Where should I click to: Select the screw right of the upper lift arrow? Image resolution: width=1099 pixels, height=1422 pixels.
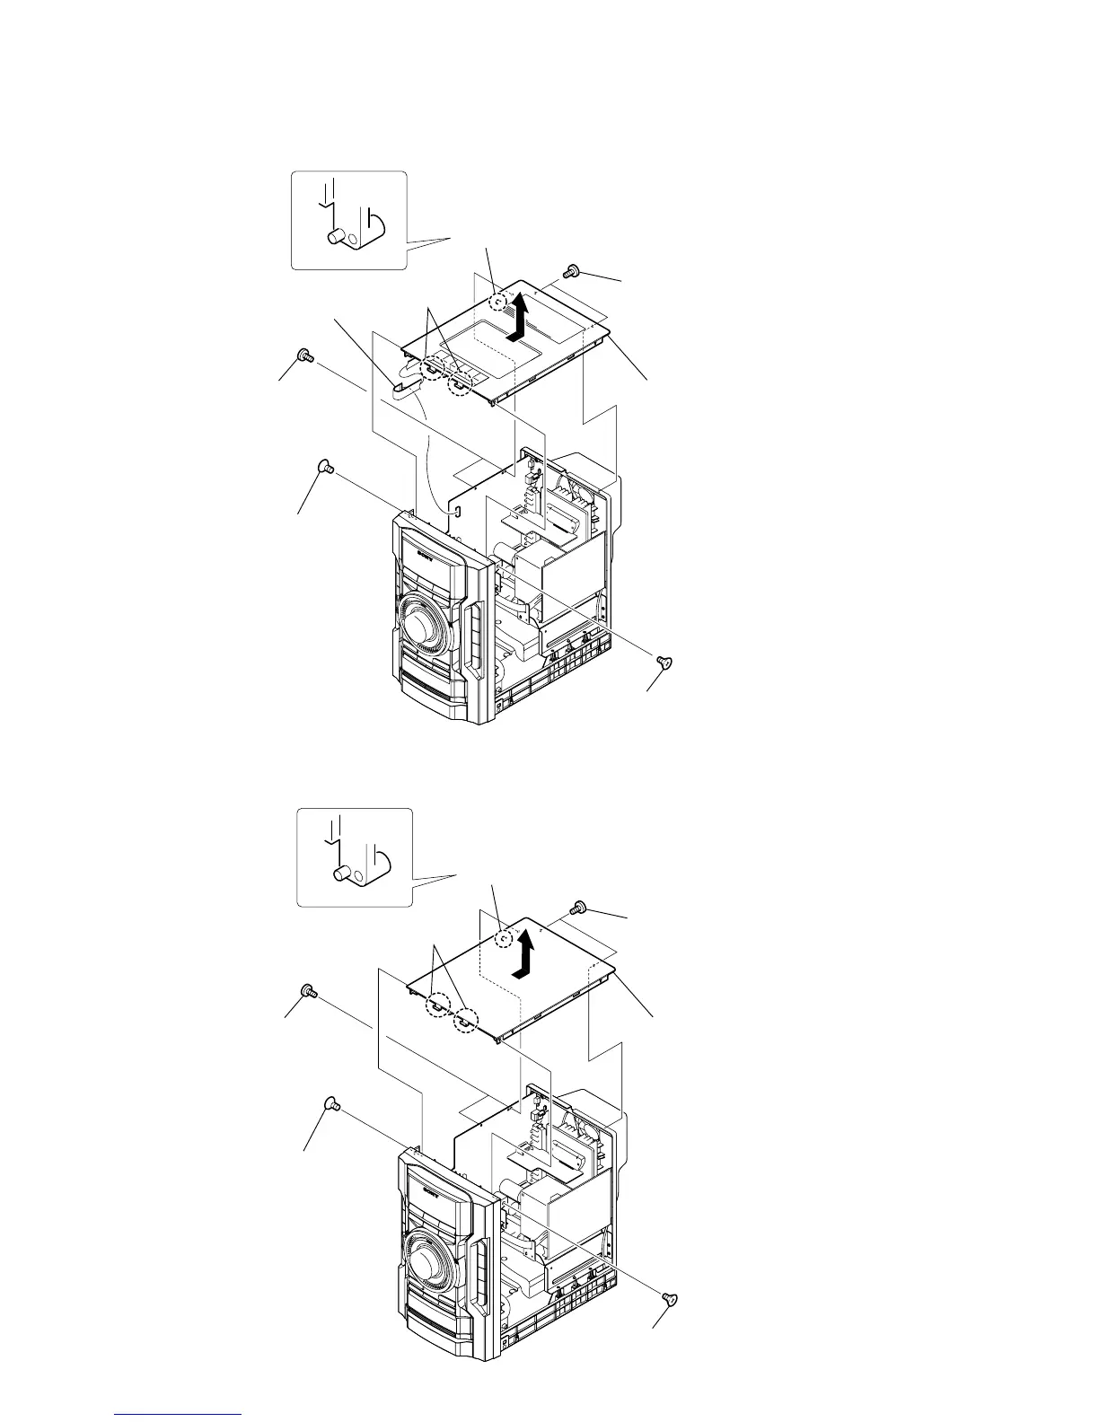point(570,271)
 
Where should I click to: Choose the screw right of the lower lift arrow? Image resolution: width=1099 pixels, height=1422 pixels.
point(578,908)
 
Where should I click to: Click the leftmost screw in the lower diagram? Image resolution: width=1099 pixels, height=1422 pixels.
point(308,990)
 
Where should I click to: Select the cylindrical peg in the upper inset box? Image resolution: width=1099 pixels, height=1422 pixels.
point(336,237)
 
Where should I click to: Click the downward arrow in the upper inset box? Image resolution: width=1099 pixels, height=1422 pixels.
point(331,191)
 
